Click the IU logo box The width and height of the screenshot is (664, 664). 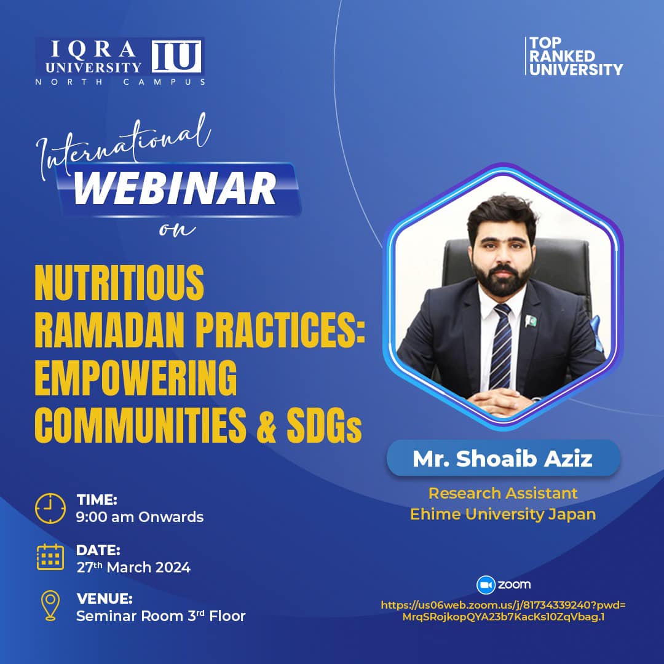pyautogui.click(x=176, y=57)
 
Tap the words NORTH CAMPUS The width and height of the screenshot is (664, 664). pyautogui.click(x=121, y=82)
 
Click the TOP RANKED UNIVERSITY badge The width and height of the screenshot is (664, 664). pyautogui.click(x=574, y=56)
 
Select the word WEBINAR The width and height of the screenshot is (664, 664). pyautogui.click(x=175, y=189)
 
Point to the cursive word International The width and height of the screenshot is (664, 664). pyautogui.click(x=124, y=146)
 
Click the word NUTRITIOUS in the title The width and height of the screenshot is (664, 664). pyautogui.click(x=119, y=283)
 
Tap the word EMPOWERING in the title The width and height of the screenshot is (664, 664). pyautogui.click(x=135, y=377)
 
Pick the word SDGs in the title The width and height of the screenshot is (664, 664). pyautogui.click(x=324, y=425)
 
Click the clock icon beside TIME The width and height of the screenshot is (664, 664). pyautogui.click(x=50, y=508)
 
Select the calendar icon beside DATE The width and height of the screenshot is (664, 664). pyautogui.click(x=50, y=557)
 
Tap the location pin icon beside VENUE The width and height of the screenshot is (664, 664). pyautogui.click(x=50, y=606)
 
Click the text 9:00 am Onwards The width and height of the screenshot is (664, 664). pyautogui.click(x=140, y=517)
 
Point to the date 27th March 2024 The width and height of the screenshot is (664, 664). pyautogui.click(x=133, y=567)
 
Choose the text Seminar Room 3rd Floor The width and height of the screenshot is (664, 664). pyautogui.click(x=161, y=615)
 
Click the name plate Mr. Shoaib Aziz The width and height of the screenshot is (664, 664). pyautogui.click(x=503, y=459)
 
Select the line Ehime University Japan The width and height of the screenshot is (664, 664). pyautogui.click(x=503, y=514)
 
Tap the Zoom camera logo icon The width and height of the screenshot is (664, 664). pyautogui.click(x=486, y=585)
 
